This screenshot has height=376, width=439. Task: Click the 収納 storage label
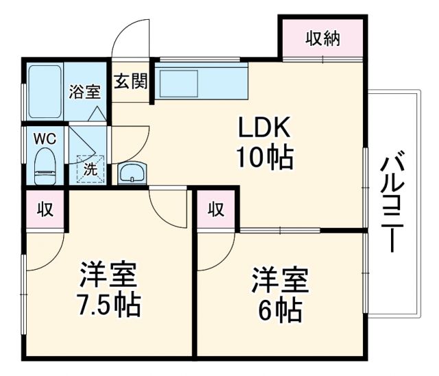(x=322, y=38)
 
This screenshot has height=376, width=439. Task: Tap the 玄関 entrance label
(x=130, y=82)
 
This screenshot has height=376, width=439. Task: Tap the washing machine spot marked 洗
(x=90, y=168)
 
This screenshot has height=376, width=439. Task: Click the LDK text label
(x=265, y=128)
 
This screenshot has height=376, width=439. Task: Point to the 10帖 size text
(x=265, y=158)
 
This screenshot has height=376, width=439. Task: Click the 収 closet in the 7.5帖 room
(x=45, y=210)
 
